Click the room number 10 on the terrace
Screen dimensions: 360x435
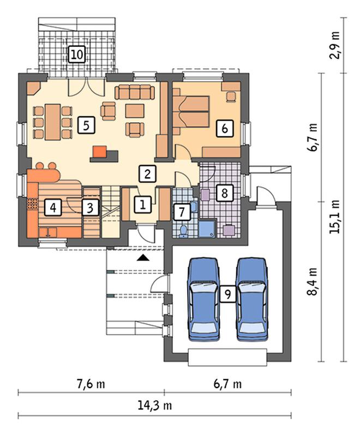(x=76, y=54)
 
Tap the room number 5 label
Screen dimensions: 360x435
(x=86, y=126)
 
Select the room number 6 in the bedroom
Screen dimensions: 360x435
(x=225, y=128)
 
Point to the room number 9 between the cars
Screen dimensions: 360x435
(x=227, y=294)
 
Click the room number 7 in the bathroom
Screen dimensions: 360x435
(x=182, y=212)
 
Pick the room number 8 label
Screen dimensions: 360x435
(x=225, y=193)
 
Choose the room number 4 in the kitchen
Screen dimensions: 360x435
(x=53, y=207)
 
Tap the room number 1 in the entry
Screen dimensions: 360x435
(x=143, y=205)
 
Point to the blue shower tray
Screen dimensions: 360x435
(x=207, y=229)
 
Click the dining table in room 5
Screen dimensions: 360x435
(x=53, y=122)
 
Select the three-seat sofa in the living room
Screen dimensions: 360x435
(x=135, y=92)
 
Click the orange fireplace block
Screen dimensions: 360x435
(x=100, y=152)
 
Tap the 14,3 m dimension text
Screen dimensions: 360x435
(x=155, y=406)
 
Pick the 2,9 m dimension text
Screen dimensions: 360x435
(x=335, y=45)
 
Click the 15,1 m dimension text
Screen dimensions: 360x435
(x=335, y=217)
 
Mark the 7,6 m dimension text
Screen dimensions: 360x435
(x=91, y=384)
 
